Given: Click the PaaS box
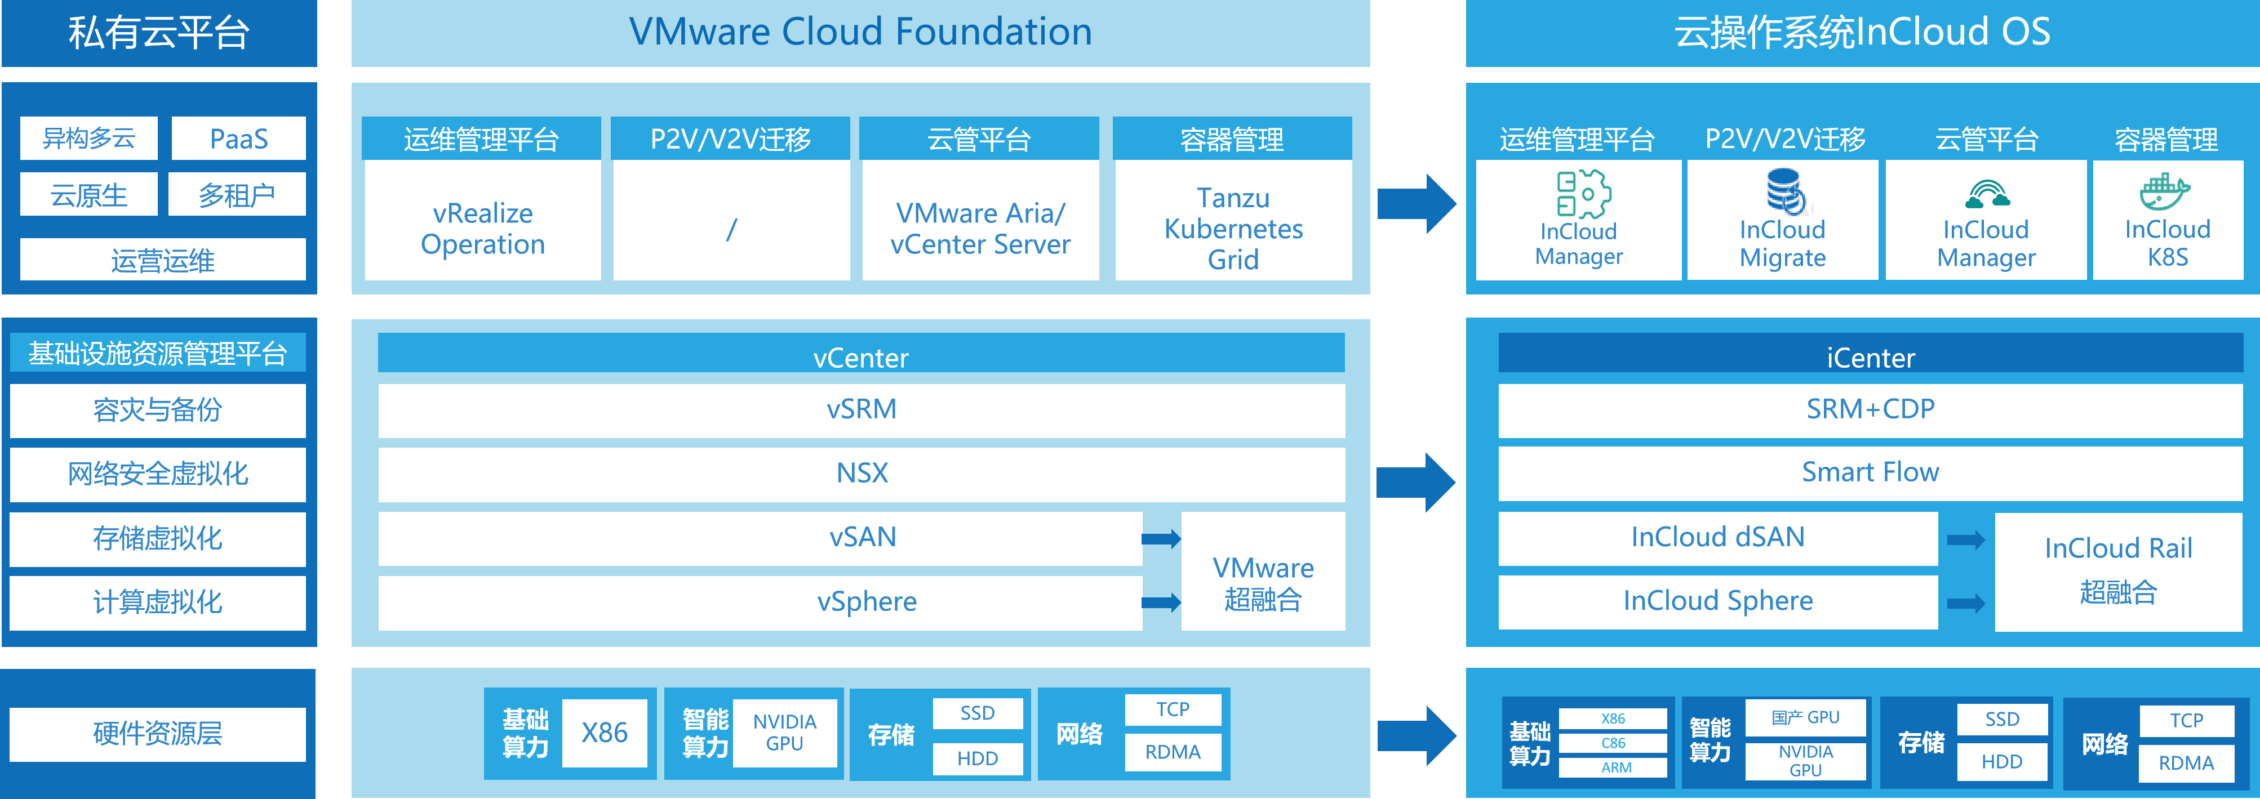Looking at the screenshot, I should (x=239, y=139).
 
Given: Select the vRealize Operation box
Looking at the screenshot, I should (x=482, y=228).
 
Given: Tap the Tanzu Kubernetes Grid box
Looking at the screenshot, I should (x=1233, y=228).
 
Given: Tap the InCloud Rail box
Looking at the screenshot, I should (x=2118, y=570).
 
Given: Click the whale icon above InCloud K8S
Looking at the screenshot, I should (x=2165, y=191).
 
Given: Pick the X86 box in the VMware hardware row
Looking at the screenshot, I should (x=605, y=733).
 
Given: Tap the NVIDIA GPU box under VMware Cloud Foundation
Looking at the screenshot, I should (x=784, y=733).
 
